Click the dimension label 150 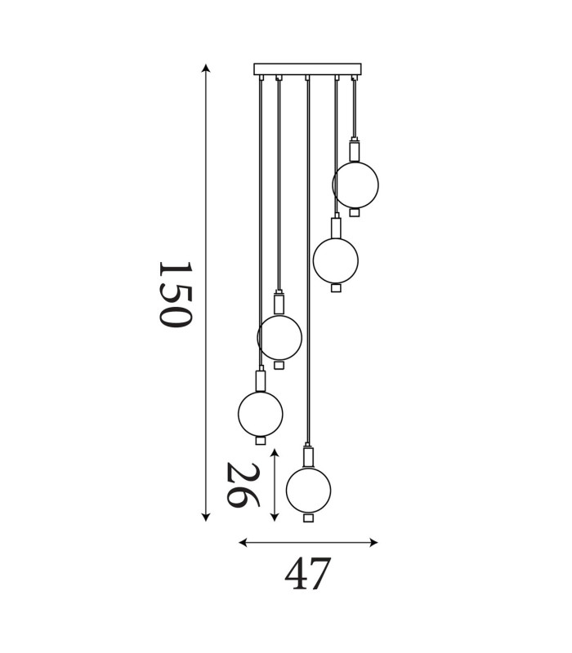pos(176,294)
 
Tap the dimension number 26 pos(243,485)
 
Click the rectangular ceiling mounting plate pos(308,69)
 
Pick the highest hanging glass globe pos(355,185)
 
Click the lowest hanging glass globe pos(309,491)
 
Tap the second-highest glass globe pos(336,259)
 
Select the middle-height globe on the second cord pos(279,337)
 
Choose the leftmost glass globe pos(261,413)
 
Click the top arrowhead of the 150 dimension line pos(205,68)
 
